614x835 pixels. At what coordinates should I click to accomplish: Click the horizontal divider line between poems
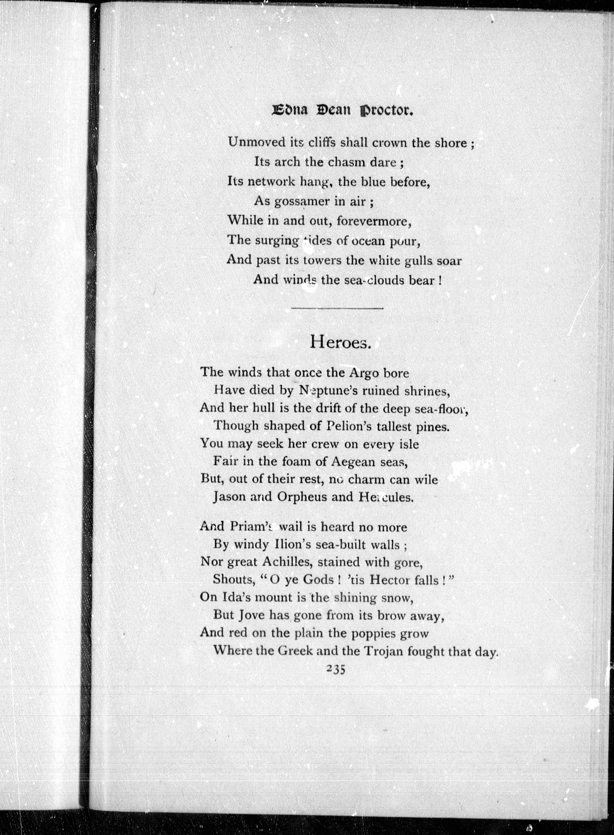[x=337, y=308]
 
